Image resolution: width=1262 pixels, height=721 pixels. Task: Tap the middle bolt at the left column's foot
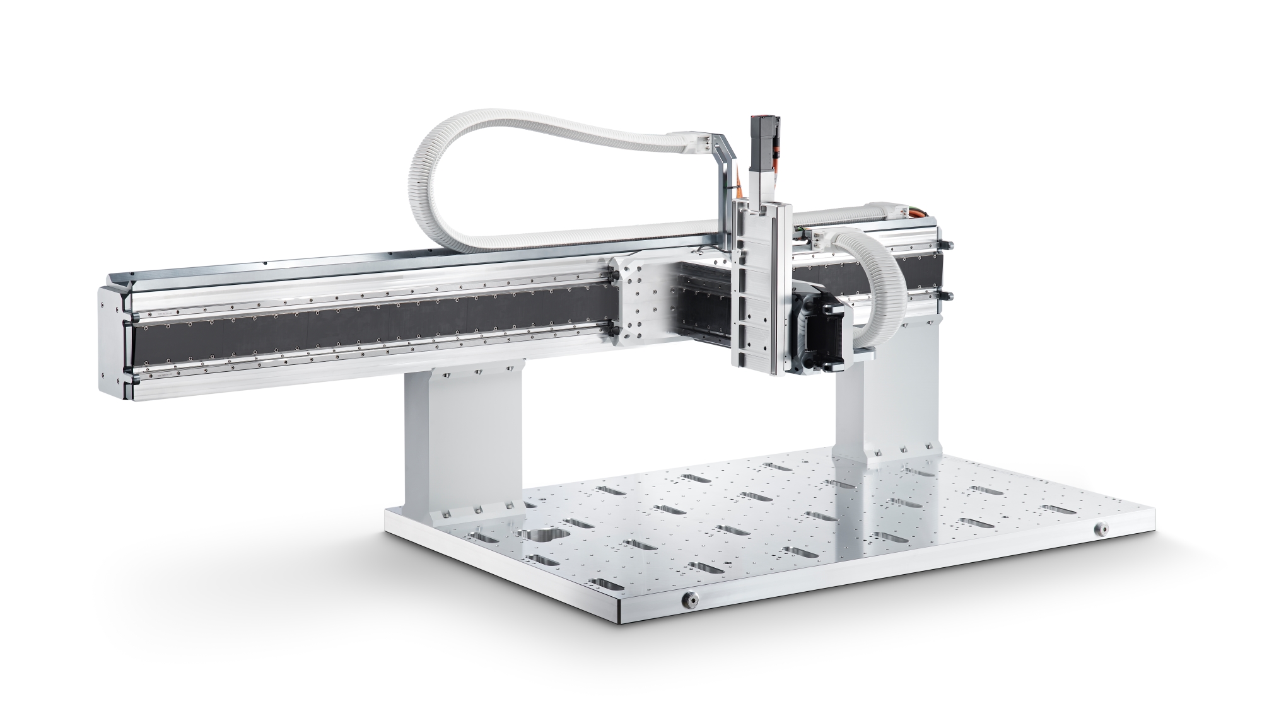coord(477,507)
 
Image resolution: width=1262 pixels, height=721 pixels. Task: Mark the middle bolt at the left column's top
coord(477,372)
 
